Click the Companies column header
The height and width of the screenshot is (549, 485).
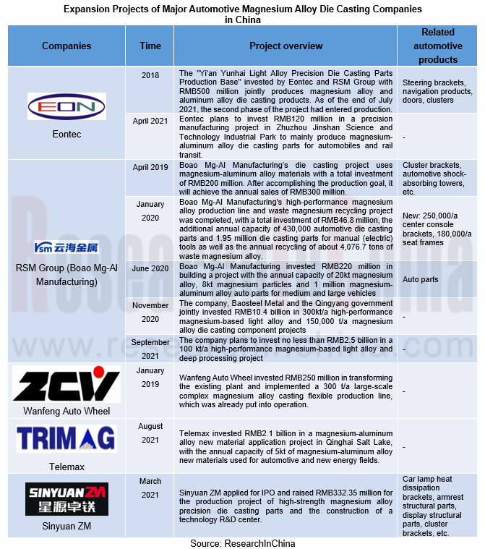click(x=66, y=46)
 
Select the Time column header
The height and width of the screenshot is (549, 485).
click(x=150, y=46)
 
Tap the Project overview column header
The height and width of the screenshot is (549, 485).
click(x=286, y=46)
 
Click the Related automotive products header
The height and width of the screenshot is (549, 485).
click(x=437, y=46)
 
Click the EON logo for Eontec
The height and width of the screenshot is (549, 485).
click(x=66, y=107)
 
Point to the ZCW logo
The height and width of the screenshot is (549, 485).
click(x=66, y=385)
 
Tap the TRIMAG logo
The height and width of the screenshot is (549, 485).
click(x=66, y=438)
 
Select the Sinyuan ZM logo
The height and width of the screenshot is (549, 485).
click(x=66, y=498)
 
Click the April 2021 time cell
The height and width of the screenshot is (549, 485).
click(x=150, y=121)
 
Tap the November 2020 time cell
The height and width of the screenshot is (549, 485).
click(x=150, y=311)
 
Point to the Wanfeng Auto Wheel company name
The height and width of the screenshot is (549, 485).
click(x=66, y=411)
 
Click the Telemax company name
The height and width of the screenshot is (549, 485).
click(x=66, y=467)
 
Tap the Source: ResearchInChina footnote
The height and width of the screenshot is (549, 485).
click(x=243, y=542)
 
